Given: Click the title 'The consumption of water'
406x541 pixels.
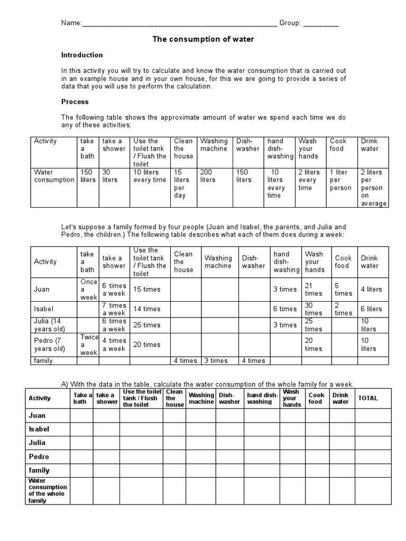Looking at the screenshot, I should point(203,39).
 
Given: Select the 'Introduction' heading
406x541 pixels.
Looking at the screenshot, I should point(82,55).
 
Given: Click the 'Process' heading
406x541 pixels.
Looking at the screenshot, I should point(75,101).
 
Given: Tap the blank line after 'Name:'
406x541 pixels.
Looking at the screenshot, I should point(179,23).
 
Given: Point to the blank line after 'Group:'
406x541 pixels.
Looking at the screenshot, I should point(321,23).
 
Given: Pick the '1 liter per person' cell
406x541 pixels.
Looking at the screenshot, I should point(340,180).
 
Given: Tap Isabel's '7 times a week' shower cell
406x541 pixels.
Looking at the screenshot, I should point(114,309).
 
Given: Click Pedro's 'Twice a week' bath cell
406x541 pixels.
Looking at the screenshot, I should point(88,344).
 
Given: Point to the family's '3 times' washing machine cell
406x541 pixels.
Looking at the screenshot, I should point(216,361).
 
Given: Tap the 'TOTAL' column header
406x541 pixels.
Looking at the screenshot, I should point(368,398).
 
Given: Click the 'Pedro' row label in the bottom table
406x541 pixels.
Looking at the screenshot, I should point(39,456).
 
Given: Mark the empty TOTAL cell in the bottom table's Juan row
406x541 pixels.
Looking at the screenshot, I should point(373,416).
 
